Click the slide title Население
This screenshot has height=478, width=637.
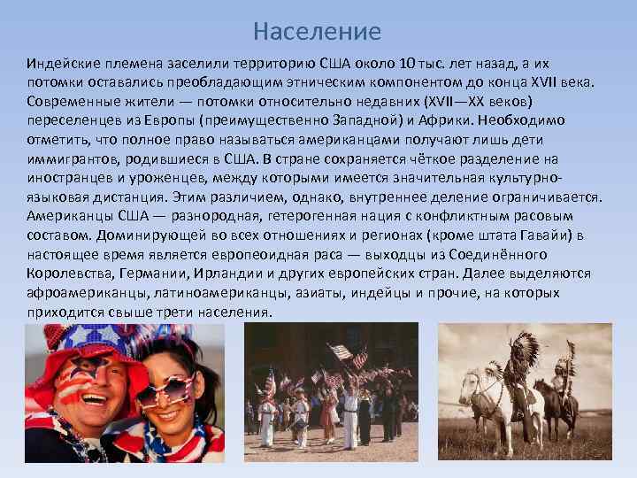(x=317, y=32)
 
